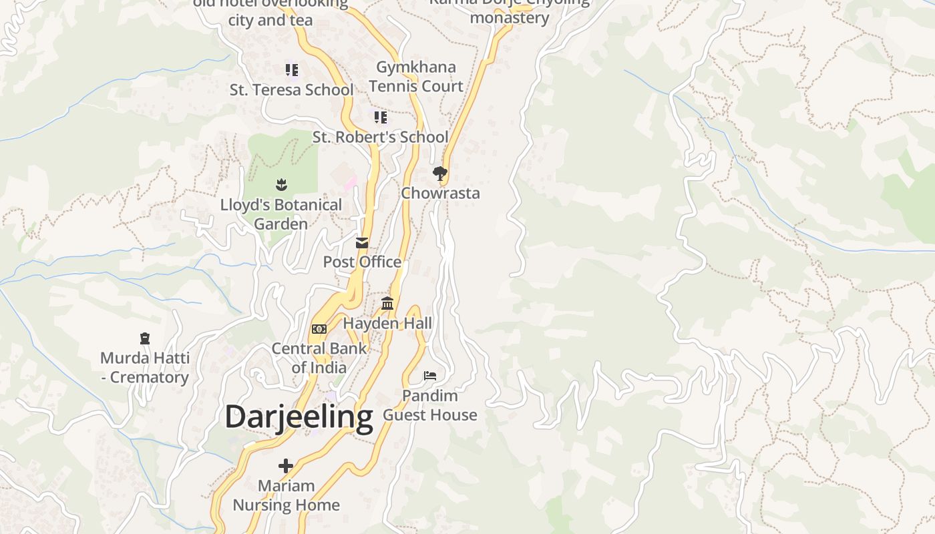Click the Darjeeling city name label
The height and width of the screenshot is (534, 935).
pos(299,417)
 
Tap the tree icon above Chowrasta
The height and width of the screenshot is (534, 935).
pos(439,174)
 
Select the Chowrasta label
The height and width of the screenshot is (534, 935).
pos(440,194)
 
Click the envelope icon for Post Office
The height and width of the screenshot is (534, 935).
pos(362,243)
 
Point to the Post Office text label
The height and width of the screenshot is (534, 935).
pos(362,262)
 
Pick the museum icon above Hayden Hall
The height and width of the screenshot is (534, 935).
pos(387,304)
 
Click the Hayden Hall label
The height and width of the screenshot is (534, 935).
pos(387,324)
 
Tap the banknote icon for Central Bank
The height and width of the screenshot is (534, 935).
pos(319,329)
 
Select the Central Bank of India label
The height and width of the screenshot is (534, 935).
pos(319,358)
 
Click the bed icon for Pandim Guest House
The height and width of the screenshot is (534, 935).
pos(430,376)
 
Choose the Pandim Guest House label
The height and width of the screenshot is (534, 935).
pos(430,405)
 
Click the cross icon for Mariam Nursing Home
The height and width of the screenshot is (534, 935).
pos(286,466)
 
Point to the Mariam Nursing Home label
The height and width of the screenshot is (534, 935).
pos(286,495)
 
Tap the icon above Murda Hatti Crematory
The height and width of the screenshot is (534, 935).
pos(145,338)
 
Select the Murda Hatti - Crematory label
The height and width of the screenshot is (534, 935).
pos(145,368)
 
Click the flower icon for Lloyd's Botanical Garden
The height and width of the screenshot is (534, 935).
pos(280,184)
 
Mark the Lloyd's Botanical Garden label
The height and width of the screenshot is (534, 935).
pos(280,214)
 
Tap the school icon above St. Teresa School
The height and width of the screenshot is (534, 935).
pos(291,69)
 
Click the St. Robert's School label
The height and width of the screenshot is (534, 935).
pos(380,138)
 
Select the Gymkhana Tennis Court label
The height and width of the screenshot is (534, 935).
pos(416,77)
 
